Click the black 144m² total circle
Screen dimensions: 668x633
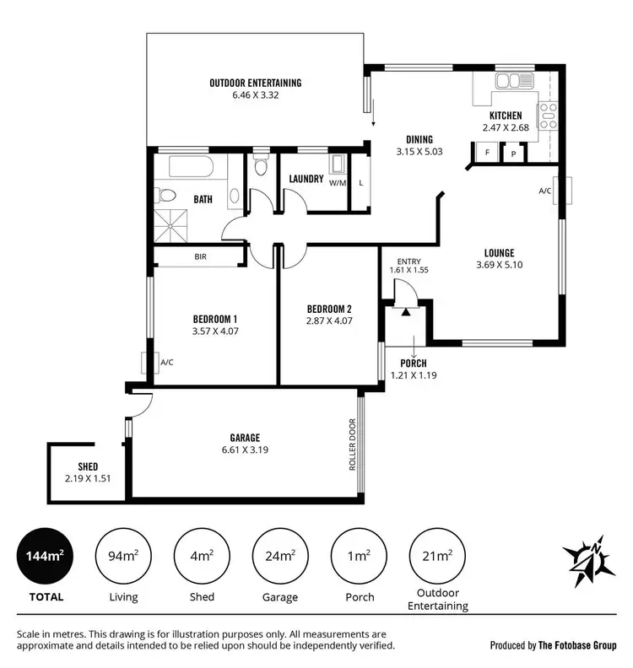pos(46,557)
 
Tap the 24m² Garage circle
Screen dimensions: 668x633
pos(279,557)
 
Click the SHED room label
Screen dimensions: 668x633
pos(88,466)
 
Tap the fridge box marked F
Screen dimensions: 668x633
pos(486,153)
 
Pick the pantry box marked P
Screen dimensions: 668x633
pos(513,154)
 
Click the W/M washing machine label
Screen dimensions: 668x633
pos(338,182)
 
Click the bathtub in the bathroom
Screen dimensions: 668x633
pos(192,167)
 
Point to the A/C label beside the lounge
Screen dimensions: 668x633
pos(545,191)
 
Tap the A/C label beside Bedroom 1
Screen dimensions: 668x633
pos(166,364)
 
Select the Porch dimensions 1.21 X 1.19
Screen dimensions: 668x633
pos(414,374)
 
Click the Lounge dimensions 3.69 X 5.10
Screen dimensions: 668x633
pos(499,265)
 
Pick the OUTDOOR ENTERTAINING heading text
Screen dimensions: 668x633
pos(255,83)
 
